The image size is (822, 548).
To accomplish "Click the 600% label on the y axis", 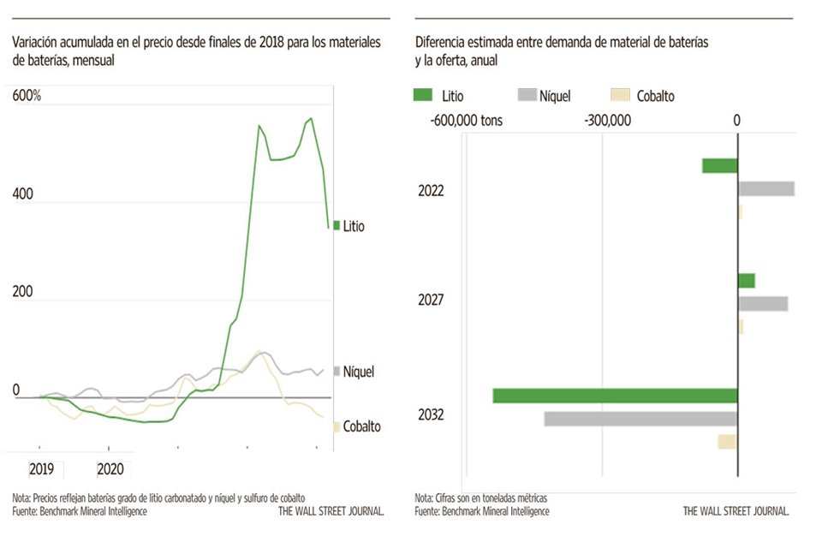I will (27, 96).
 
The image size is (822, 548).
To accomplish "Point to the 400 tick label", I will (22, 194).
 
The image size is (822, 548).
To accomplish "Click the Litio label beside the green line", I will (353, 227).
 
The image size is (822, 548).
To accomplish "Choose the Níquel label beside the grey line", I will (358, 372).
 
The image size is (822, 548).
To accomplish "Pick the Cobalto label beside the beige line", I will (361, 426).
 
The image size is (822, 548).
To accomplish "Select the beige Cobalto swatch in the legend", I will (619, 95).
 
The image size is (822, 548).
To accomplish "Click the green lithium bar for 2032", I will (615, 396).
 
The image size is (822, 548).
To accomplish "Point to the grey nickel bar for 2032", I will (640, 419).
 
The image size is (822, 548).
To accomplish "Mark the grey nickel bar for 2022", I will (766, 188).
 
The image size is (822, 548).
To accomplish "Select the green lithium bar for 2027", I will (747, 281).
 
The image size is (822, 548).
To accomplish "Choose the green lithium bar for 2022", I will (720, 166).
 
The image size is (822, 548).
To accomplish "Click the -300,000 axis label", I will (607, 121).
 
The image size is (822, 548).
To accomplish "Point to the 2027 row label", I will (431, 301).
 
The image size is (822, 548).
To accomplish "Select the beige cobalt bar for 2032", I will (728, 442).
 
